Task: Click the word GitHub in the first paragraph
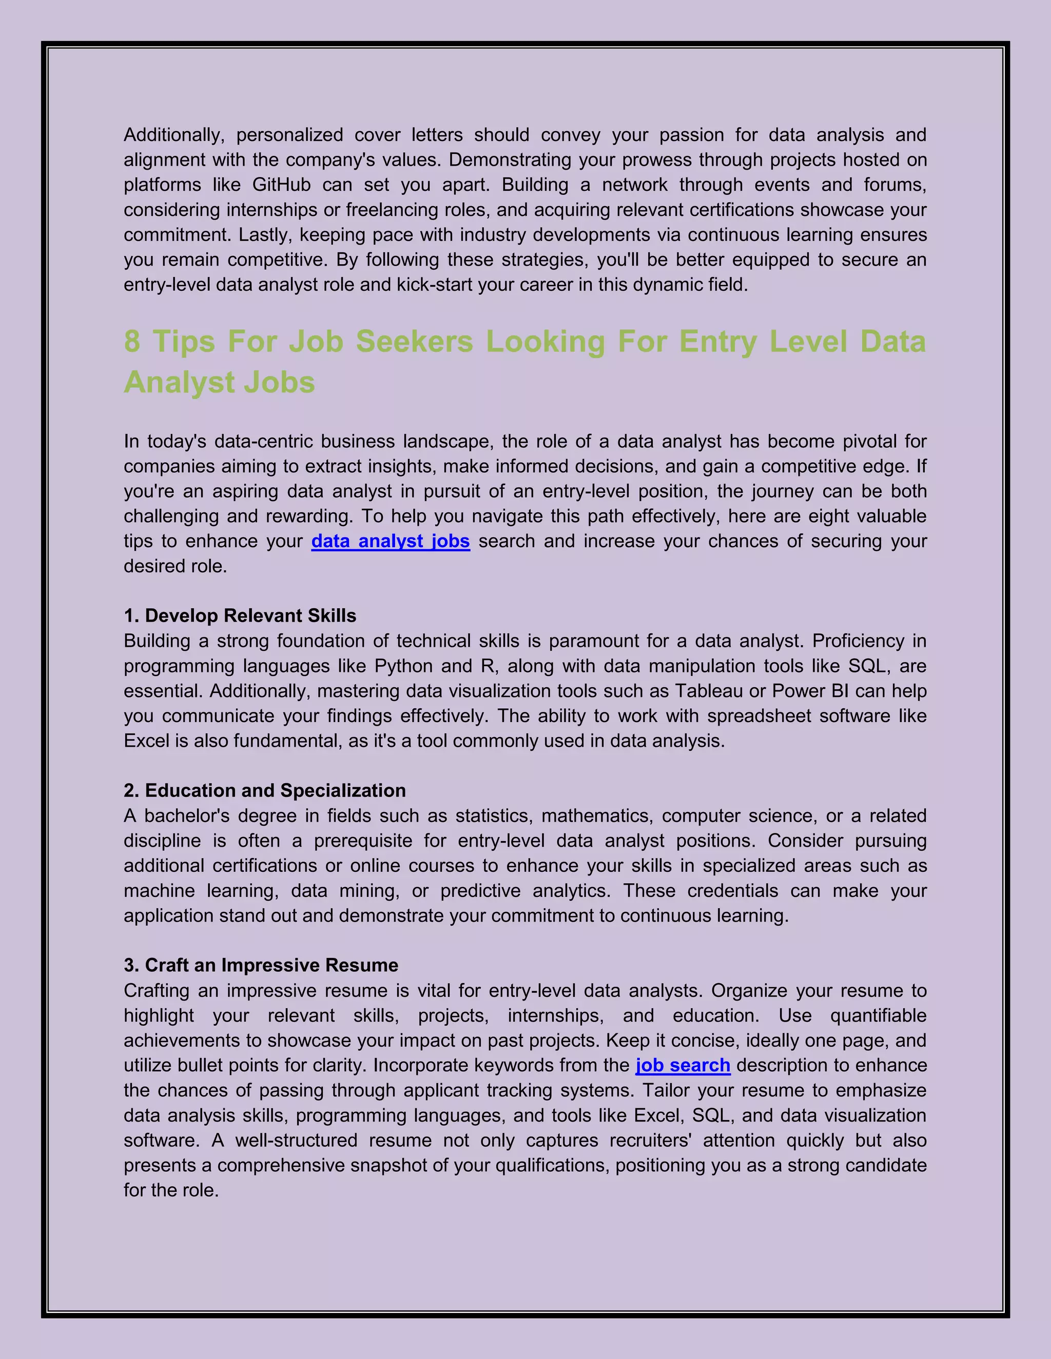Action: click(x=281, y=185)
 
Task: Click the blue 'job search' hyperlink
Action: click(x=683, y=1065)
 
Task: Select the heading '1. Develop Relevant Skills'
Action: click(x=240, y=615)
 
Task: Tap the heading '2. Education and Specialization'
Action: click(x=265, y=790)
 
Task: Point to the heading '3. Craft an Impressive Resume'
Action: click(x=261, y=965)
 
